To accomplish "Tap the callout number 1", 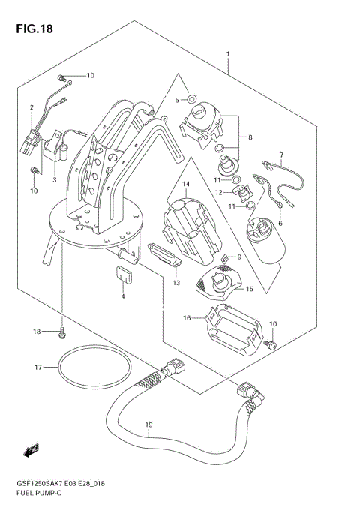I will click(228, 54).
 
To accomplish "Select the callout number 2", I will click(31, 107).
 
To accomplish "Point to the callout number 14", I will click(186, 183).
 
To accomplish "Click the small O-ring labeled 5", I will click(192, 98).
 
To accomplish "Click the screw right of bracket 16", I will click(272, 345).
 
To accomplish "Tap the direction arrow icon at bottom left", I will click(31, 451).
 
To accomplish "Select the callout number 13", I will click(176, 282).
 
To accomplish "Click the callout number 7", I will click(281, 155).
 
